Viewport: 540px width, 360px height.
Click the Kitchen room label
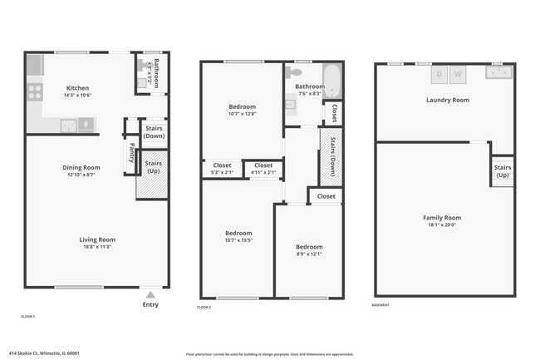[77, 88]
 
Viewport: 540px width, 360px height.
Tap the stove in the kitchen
[35, 91]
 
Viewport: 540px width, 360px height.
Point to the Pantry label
[131, 154]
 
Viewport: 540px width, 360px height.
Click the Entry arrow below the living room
[150, 294]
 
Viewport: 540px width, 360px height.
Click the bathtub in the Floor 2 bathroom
[332, 81]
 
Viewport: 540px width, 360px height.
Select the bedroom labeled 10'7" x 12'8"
[242, 106]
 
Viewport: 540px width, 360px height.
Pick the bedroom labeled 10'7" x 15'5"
[238, 234]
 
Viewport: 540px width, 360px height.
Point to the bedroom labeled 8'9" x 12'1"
[310, 247]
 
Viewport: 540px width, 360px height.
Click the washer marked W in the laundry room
[459, 74]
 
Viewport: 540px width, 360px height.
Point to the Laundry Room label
[447, 100]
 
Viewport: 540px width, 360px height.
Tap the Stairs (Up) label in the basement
[503, 171]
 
